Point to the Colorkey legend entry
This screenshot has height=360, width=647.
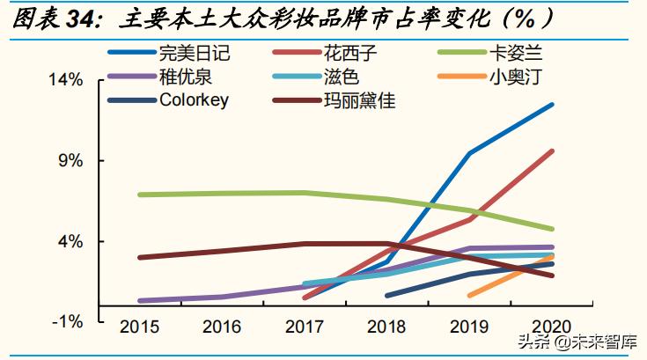tap(194, 99)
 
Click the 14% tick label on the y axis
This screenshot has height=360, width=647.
tap(65, 80)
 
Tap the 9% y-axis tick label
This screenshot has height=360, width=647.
tap(70, 161)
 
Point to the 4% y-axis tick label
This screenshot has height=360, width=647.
tap(70, 241)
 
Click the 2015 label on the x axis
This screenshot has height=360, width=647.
tap(139, 327)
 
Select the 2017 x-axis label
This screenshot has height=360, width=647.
tap(305, 327)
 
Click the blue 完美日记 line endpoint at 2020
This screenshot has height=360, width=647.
tap(552, 105)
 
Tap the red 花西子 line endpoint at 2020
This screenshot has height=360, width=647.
tap(552, 151)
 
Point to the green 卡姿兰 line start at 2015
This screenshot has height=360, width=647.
tap(140, 195)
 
